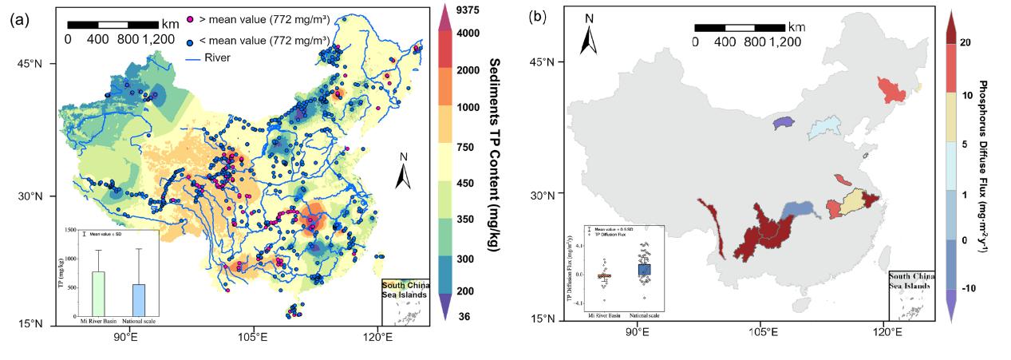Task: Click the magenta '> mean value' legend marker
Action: point(190,18)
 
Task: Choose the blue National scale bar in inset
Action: point(138,299)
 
